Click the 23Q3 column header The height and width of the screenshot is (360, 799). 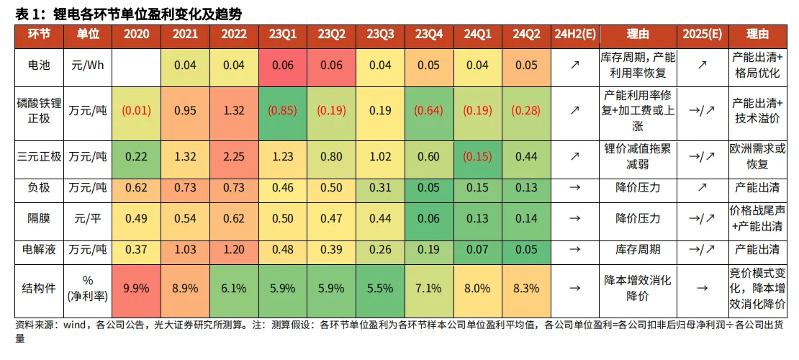point(380,34)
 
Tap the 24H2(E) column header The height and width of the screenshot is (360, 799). point(575,34)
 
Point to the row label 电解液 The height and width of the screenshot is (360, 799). point(39,249)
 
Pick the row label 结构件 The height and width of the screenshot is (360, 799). point(39,287)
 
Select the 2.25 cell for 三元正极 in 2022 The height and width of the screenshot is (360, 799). point(234,156)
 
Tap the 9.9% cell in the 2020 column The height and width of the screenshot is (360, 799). point(136,288)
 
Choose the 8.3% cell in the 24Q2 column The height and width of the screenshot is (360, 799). point(526,288)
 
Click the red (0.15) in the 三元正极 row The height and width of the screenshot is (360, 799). point(477,156)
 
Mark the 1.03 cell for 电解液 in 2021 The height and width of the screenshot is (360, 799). point(185,249)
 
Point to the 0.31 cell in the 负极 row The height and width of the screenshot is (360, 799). point(380,187)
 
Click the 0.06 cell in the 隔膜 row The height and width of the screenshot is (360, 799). point(429,218)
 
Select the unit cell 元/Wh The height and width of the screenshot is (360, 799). point(88,65)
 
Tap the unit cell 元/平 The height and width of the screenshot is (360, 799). point(88,218)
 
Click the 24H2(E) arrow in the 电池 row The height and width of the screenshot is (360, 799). point(575,65)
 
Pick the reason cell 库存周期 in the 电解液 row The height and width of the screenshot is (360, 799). point(637,249)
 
